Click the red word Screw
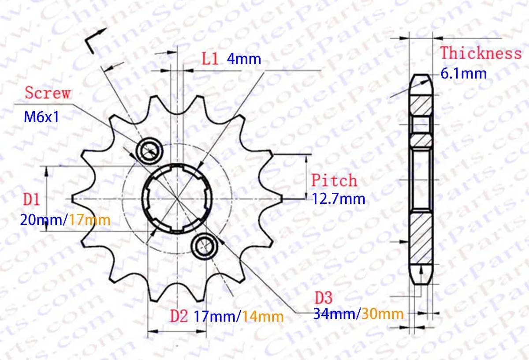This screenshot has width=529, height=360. [48, 93]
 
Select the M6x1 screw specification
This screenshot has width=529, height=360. [41, 117]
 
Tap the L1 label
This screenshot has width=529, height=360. [210, 59]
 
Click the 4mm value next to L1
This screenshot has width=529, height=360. [244, 59]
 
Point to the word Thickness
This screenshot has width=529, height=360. [481, 52]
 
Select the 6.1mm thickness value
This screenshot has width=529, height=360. [464, 74]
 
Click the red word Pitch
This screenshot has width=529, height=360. [334, 180]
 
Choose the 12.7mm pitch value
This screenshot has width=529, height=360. [339, 199]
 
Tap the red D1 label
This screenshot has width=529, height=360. [32, 199]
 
